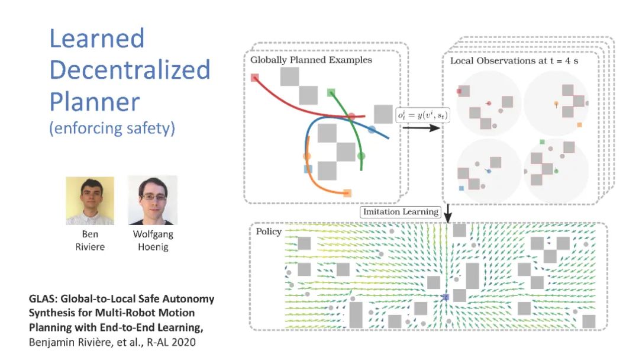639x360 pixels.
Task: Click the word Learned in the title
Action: coord(96,38)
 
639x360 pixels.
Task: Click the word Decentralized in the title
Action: coord(130,70)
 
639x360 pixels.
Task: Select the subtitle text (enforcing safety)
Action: coord(112,128)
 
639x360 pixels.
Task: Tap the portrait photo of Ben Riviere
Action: coord(89,200)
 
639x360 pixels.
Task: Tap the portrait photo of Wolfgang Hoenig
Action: coord(153,200)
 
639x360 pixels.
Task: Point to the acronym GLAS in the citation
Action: coord(42,300)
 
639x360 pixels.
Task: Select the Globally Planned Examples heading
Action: coord(311,60)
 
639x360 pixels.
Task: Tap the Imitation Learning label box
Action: coord(401,211)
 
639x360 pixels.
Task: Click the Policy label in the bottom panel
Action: coord(269,231)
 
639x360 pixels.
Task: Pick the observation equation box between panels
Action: coord(422,115)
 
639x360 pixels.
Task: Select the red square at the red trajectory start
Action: coord(255,77)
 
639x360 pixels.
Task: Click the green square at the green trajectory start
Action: coord(331,92)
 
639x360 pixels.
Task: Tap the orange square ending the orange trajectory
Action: coord(347,192)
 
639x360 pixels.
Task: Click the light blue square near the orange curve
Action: coord(308,169)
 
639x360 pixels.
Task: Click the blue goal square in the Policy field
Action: coord(445,297)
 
